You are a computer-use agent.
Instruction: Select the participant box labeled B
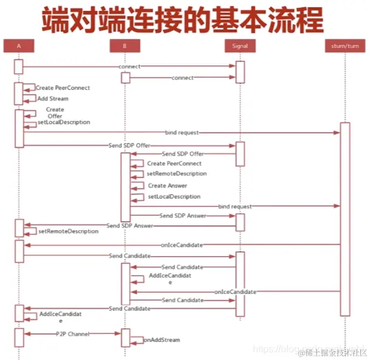[125, 46]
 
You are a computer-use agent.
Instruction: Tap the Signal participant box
[240, 46]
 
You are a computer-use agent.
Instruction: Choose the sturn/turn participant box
[345, 46]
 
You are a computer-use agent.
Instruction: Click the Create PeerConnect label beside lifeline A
[63, 88]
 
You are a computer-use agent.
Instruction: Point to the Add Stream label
[53, 98]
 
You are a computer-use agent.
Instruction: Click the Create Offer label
[55, 113]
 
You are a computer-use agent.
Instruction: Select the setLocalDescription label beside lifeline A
[64, 122]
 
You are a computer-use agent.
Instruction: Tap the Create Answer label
[168, 186]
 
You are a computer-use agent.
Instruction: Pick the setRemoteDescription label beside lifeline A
[68, 231]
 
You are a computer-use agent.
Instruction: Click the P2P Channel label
[73, 334]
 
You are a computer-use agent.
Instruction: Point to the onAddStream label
[162, 340]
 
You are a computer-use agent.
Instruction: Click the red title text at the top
[182, 20]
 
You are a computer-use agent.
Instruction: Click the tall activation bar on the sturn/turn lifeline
[345, 219]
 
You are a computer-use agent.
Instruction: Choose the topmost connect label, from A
[129, 66]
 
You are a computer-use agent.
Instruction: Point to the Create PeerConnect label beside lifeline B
[174, 163]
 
